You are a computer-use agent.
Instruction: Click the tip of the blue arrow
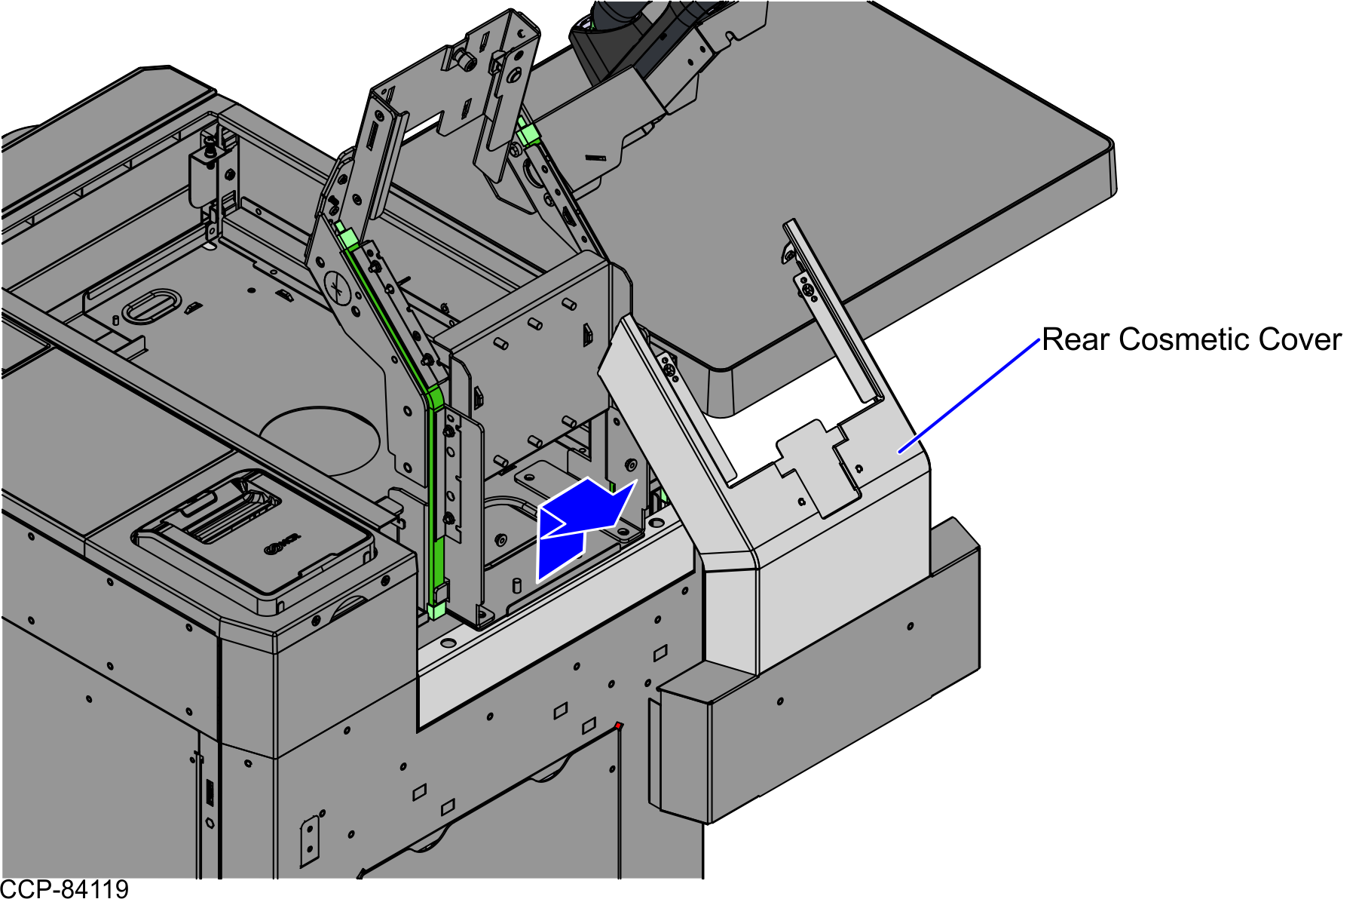(x=636, y=480)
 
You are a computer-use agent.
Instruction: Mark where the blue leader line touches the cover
(x=899, y=452)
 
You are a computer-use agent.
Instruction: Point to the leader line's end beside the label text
(x=1039, y=341)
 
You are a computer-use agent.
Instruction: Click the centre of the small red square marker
(x=618, y=726)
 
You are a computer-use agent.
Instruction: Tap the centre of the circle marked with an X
(x=339, y=288)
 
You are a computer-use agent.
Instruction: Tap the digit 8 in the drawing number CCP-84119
(x=65, y=889)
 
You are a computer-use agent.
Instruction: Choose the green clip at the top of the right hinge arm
(x=528, y=135)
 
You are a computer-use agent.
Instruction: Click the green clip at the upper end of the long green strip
(x=347, y=239)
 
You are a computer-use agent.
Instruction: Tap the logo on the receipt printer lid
(x=282, y=545)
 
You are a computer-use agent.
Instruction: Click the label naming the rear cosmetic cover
(x=1191, y=339)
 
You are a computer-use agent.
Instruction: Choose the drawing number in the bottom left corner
(x=65, y=889)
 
